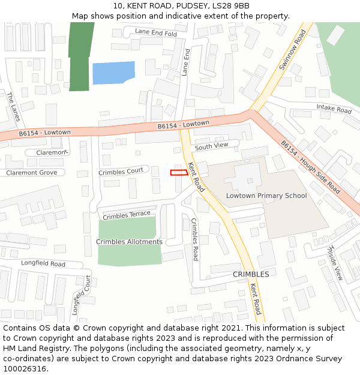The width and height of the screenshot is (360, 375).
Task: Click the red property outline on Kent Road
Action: click(179, 173)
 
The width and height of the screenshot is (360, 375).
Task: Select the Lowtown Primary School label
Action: click(266, 196)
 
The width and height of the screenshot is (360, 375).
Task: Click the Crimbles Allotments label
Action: click(129, 242)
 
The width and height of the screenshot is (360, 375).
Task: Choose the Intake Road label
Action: click(334, 109)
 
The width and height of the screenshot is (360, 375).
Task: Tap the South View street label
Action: click(211, 146)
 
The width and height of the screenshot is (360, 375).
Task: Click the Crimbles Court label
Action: click(121, 172)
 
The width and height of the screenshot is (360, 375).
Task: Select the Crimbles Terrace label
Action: click(126, 215)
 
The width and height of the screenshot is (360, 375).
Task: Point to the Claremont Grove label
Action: click(31, 173)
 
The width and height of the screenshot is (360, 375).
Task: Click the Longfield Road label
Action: click(43, 263)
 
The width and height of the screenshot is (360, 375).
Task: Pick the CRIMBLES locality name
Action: click(250, 274)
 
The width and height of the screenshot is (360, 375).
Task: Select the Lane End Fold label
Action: click(156, 32)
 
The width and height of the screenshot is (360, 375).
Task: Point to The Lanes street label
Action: click(13, 107)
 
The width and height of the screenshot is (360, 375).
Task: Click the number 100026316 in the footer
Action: click(23, 369)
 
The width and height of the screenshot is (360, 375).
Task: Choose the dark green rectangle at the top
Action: click(79, 57)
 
